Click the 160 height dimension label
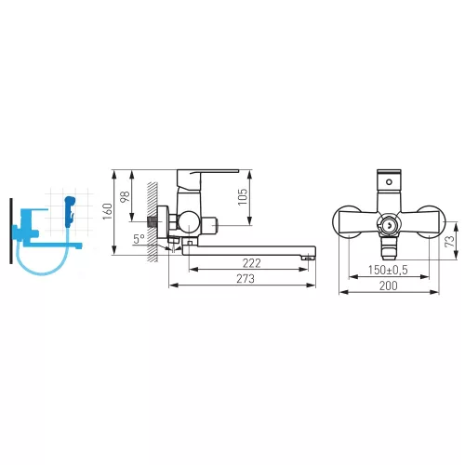tap(107, 211)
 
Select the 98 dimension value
tap(125, 196)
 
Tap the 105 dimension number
tap(243, 196)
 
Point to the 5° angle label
tap(139, 239)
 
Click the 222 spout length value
tap(251, 263)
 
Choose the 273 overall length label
tap(246, 279)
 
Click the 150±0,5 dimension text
tap(388, 270)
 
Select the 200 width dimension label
tap(388, 286)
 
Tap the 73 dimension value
tap(449, 241)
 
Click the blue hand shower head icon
tap(70, 211)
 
